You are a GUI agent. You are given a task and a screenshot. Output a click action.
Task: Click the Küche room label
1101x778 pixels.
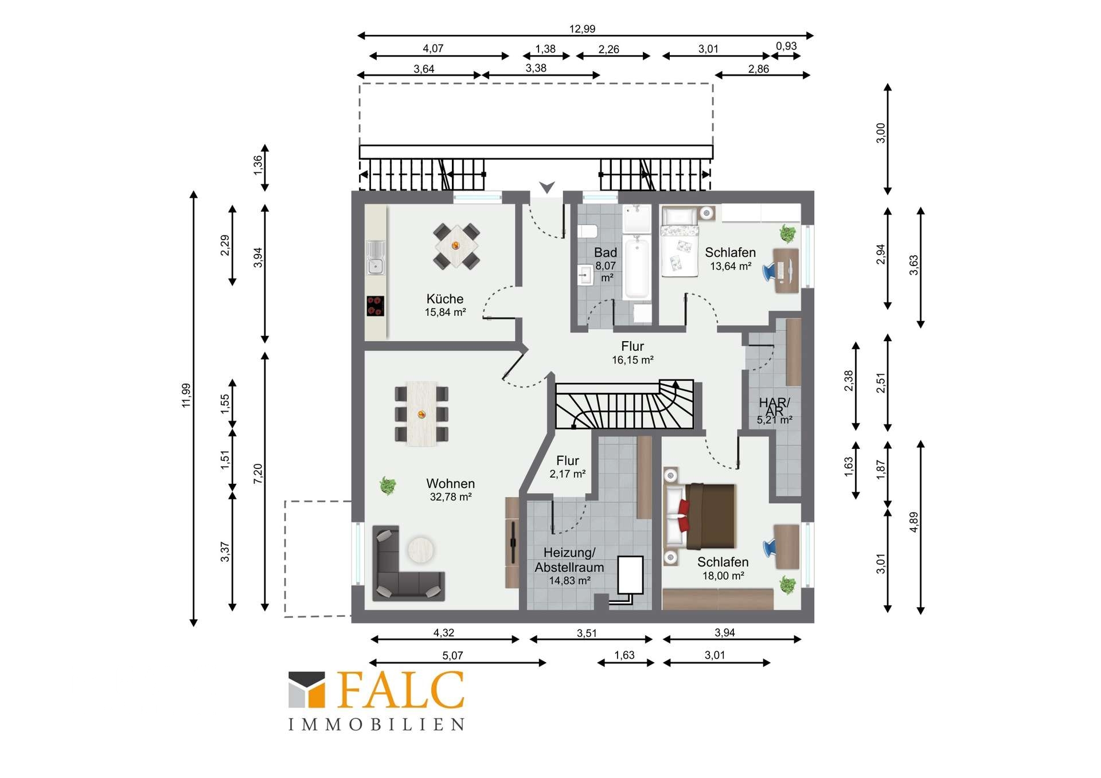coord(445,299)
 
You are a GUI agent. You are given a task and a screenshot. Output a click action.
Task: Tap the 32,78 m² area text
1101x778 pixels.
coord(451,497)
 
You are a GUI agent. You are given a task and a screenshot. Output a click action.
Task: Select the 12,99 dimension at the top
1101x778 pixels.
coord(582,29)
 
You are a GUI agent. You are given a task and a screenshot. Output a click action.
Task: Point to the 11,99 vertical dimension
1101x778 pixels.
coord(186,395)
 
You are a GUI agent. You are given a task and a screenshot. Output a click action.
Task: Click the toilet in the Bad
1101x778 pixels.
coord(587,232)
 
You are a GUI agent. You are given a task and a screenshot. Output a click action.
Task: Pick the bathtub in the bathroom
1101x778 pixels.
coord(637,268)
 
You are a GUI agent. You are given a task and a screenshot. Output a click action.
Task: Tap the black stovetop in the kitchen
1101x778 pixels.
coord(376,306)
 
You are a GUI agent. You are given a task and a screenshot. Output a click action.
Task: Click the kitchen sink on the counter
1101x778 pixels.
coord(376,257)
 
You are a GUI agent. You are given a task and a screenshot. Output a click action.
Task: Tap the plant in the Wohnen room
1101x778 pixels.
coord(388,486)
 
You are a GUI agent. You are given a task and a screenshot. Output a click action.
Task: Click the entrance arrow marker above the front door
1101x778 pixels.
coord(547,187)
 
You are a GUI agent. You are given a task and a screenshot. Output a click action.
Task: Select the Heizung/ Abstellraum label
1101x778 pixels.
coord(569,560)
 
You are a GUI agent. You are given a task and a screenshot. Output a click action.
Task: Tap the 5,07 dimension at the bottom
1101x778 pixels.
coord(452,655)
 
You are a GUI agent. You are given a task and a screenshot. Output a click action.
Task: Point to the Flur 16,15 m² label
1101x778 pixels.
coord(633,353)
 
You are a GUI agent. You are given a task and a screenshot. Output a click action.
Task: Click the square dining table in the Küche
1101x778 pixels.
coord(456,246)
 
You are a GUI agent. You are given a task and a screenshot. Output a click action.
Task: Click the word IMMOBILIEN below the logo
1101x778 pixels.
coord(376,725)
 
